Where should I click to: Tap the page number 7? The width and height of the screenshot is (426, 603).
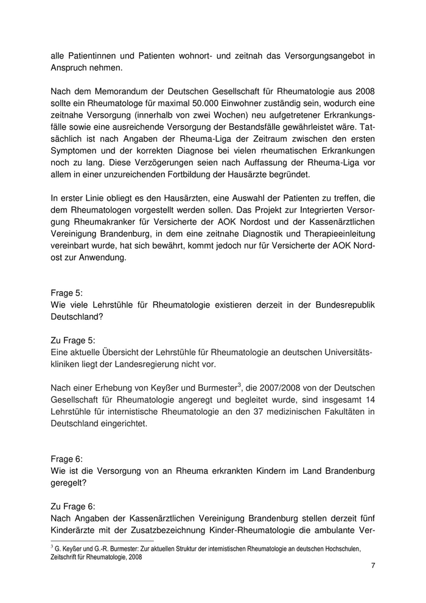click(x=372, y=567)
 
